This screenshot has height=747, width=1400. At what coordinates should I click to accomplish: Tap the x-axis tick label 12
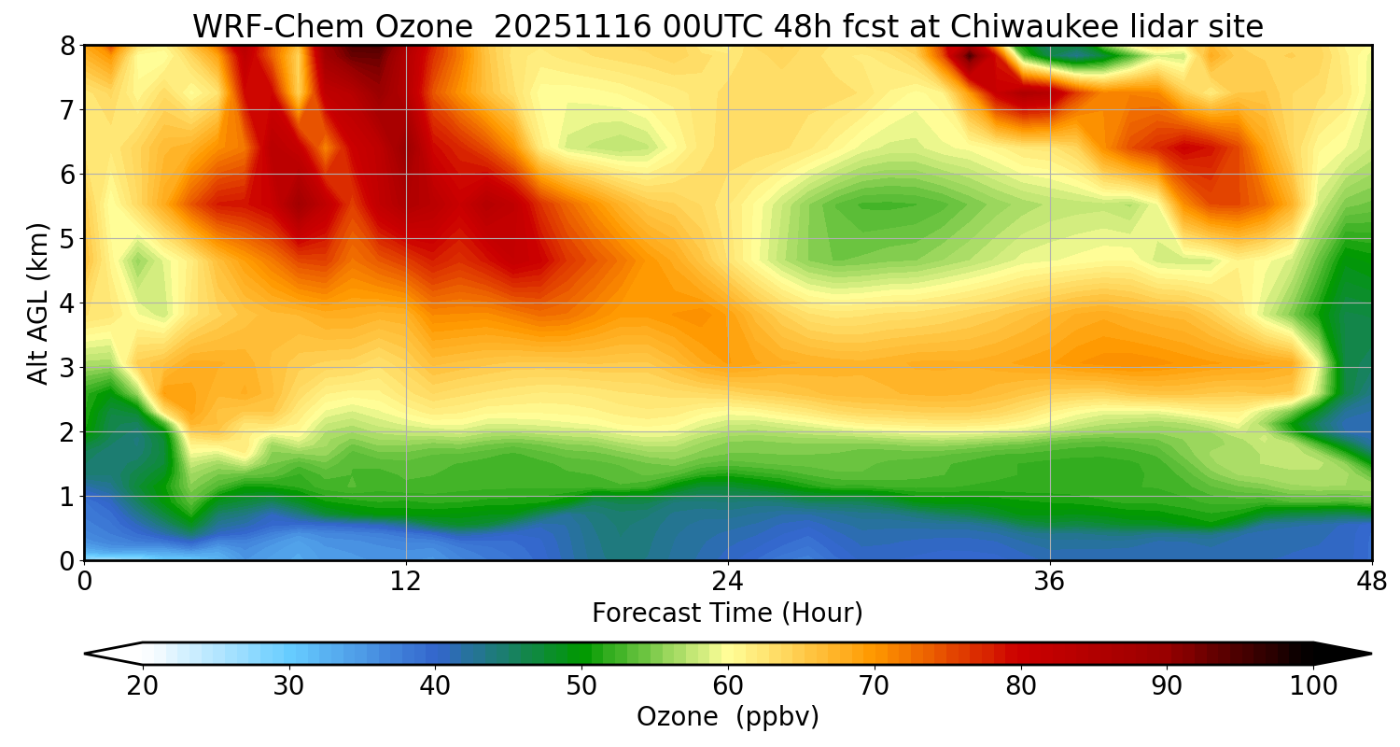click(406, 581)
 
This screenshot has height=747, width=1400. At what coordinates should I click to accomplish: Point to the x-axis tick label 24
click(728, 581)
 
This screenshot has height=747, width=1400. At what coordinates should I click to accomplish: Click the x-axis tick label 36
click(1050, 581)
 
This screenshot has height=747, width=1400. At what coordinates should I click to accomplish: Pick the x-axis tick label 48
click(1372, 581)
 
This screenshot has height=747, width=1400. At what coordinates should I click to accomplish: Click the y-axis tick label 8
click(66, 46)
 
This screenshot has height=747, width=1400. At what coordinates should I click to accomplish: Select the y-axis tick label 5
click(66, 239)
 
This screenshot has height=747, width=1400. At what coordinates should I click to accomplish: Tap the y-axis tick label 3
click(66, 368)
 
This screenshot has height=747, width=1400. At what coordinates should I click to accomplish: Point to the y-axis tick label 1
click(66, 497)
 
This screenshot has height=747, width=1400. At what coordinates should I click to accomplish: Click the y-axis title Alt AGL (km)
click(38, 303)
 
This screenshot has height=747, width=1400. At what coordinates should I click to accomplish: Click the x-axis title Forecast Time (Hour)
click(728, 613)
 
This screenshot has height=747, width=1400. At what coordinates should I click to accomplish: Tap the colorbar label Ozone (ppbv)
click(728, 717)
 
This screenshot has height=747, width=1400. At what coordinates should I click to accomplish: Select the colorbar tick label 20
click(143, 686)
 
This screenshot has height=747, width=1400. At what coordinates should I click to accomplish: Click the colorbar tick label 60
click(728, 686)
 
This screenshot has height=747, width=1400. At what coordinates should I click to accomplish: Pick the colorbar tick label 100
click(1313, 686)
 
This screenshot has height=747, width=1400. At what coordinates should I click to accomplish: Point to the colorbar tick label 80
click(1021, 686)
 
